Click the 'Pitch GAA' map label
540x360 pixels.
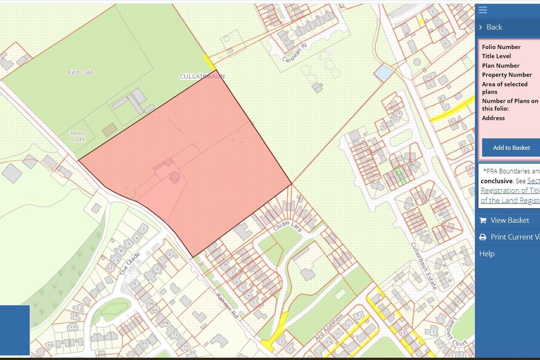tap(81, 72)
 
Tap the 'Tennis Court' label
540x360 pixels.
tap(78, 136)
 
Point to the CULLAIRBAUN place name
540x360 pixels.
tap(202, 76)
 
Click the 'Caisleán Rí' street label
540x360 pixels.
tap(295, 53)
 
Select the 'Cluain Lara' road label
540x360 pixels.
tap(288, 226)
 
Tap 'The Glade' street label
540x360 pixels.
tap(130, 264)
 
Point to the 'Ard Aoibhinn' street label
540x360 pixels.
tap(329, 327)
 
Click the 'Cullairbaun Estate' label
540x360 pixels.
tap(424, 266)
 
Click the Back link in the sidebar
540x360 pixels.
tap(494, 27)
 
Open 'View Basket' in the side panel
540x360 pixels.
tap(509, 220)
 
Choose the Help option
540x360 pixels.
tap(487, 253)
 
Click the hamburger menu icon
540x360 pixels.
tap(483, 10)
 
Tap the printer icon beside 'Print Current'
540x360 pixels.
tap(483, 237)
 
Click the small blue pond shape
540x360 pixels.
tap(383, 73)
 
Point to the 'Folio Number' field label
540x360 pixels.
tap(501, 47)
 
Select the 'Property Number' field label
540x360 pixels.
tap(507, 75)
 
